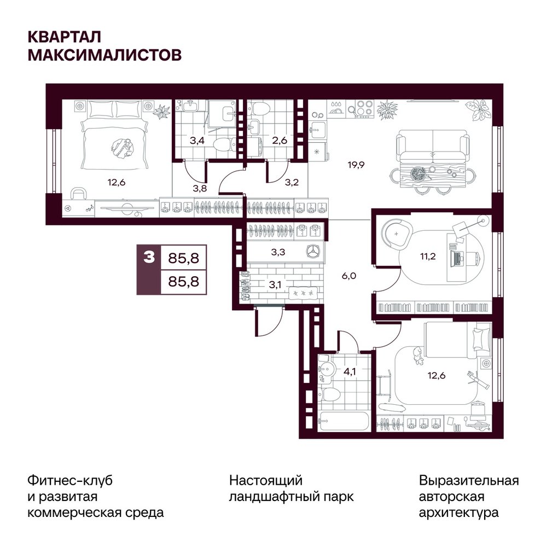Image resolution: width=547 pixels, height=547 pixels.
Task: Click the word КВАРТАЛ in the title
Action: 64,37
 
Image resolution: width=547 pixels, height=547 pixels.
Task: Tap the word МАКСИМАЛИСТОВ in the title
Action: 104,55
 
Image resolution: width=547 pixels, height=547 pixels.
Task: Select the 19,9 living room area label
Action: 356,164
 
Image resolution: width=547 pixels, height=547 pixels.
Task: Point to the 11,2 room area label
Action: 428,257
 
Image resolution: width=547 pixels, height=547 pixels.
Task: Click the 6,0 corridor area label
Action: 349,276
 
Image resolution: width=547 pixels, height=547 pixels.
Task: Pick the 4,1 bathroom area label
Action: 350,371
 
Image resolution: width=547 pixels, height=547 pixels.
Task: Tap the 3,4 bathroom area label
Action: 197,141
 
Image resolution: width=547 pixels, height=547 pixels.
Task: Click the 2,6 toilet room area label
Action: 280,141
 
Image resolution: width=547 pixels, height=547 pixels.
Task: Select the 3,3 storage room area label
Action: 278,252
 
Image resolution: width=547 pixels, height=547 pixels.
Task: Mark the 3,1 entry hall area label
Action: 275,285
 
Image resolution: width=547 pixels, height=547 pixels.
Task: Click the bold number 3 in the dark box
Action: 149,258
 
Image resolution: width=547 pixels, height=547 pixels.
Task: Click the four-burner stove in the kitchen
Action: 364,108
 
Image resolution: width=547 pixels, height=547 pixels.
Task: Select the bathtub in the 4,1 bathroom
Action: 344,421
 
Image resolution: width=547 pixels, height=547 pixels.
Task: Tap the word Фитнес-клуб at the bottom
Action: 70,480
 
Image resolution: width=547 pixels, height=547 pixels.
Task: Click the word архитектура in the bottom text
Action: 459,513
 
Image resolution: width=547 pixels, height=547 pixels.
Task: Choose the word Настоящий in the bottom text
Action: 266,481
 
